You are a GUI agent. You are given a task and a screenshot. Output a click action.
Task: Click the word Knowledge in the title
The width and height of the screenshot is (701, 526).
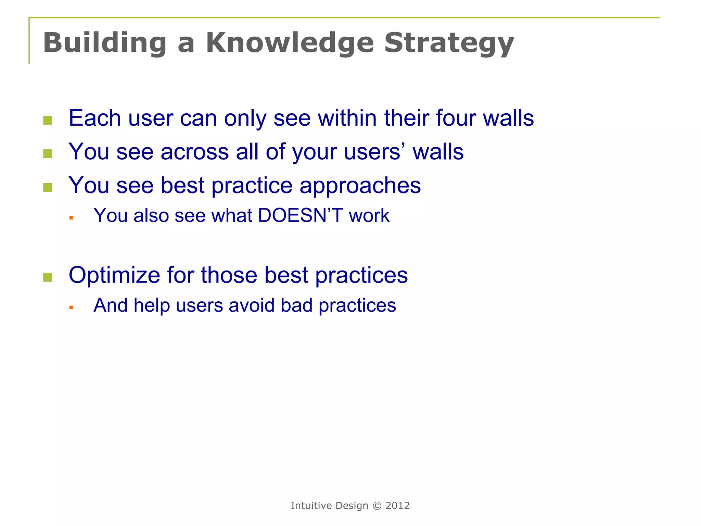[289, 43]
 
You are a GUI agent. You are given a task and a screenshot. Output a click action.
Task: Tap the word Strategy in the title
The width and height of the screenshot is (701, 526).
[449, 43]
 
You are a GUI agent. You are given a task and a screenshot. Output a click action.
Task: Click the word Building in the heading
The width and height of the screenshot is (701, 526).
[105, 43]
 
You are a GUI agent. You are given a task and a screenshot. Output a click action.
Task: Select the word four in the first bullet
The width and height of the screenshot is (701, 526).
[455, 118]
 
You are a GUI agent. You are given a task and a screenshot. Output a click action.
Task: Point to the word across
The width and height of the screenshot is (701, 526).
[194, 152]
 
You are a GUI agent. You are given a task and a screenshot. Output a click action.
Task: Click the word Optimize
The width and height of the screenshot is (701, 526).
[114, 275]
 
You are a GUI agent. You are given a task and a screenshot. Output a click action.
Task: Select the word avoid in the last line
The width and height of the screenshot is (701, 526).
[252, 305]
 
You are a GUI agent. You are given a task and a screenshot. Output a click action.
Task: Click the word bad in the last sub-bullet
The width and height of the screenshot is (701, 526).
[296, 305]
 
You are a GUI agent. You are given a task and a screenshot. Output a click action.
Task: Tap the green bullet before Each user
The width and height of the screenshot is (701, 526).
[48, 120]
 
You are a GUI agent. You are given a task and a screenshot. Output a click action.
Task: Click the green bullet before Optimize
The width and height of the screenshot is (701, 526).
[48, 277]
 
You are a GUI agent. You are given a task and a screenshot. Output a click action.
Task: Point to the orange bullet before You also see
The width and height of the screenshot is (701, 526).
[71, 218]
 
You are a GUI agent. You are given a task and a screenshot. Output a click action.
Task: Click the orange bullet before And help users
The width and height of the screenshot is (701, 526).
[71, 308]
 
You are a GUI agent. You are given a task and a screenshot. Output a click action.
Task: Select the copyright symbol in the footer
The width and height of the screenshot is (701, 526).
[377, 506]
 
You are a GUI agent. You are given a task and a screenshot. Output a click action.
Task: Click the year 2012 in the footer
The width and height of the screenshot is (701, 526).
[397, 506]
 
